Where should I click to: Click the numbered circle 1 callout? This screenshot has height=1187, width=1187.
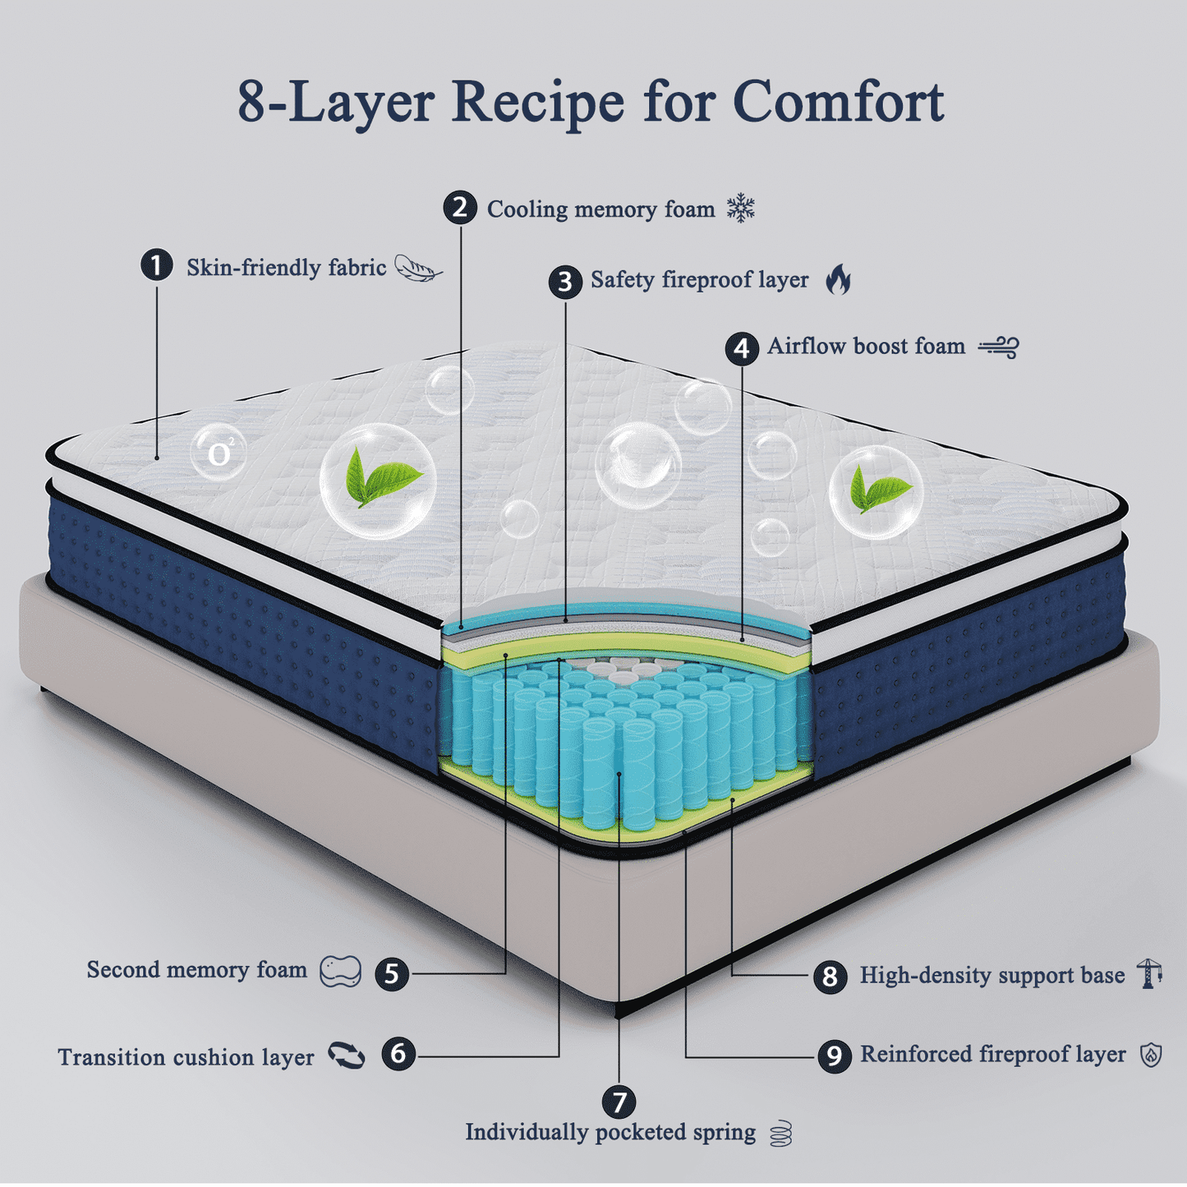(156, 265)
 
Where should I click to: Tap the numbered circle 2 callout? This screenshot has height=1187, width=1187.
(460, 207)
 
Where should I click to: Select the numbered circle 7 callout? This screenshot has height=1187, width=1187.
(619, 1102)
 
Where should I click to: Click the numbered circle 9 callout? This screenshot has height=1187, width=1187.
(834, 1055)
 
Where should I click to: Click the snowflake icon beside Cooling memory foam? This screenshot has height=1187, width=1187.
(741, 209)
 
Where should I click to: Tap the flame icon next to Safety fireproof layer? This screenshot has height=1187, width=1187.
(839, 279)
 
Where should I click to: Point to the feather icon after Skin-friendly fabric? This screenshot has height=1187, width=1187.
(417, 268)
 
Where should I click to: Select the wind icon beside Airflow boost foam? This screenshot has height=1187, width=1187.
(999, 347)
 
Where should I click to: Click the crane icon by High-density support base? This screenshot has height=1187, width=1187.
(1149, 973)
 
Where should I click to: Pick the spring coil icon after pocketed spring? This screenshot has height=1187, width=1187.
(781, 1134)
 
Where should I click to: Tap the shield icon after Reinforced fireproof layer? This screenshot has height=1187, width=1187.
(1152, 1055)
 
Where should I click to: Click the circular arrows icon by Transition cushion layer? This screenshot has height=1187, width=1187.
(347, 1056)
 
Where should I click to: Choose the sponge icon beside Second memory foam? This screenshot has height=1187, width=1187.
(340, 971)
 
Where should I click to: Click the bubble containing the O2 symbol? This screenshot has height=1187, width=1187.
(219, 452)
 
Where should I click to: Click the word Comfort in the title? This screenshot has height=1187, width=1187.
(838, 102)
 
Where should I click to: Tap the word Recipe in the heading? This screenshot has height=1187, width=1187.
(538, 102)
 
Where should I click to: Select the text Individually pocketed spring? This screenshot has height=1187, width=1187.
(610, 1132)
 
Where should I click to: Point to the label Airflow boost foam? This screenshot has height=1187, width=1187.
(866, 346)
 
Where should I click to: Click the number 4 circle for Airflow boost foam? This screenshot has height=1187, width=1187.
(742, 348)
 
